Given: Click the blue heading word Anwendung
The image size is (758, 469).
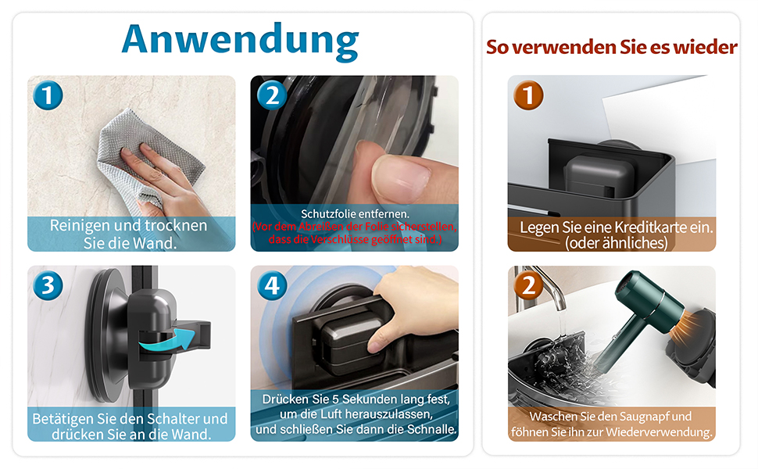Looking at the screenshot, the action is (x=240, y=41).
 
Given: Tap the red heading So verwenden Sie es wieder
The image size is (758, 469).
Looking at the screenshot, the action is (x=612, y=47).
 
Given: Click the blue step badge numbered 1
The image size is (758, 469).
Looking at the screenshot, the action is (x=48, y=95).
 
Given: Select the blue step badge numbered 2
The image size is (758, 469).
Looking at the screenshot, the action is (x=272, y=95).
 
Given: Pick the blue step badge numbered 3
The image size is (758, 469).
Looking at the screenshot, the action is (x=48, y=285).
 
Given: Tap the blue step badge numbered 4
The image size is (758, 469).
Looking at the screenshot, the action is (x=272, y=285).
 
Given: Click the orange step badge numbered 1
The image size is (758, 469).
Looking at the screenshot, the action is (x=528, y=95).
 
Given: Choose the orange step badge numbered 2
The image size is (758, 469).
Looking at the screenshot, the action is (x=528, y=285).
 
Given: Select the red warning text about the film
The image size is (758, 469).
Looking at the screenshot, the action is (x=354, y=233).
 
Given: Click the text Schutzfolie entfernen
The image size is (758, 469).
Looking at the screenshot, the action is (x=355, y=213).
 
